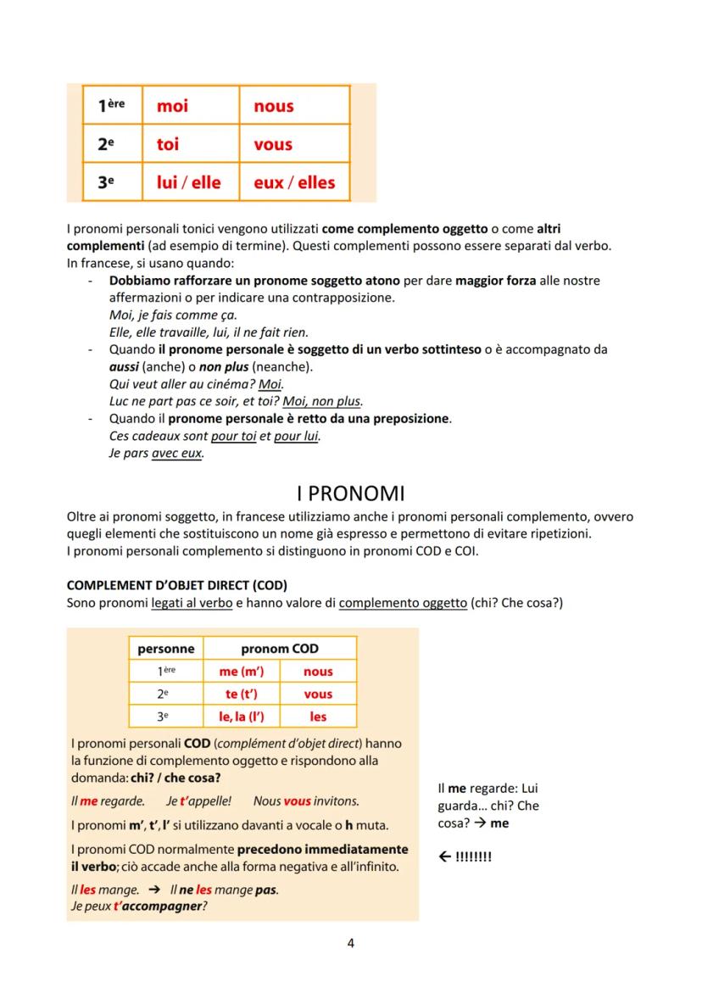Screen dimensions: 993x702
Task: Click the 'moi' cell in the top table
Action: (x=172, y=106)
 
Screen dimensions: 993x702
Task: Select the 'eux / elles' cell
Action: (x=294, y=182)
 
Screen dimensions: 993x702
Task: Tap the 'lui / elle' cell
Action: (x=189, y=182)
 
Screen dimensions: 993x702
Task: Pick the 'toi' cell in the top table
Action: (x=168, y=144)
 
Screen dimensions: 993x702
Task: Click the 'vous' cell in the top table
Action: (x=273, y=144)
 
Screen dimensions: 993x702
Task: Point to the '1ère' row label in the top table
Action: (x=111, y=106)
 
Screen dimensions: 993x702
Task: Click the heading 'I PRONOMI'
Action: (x=350, y=493)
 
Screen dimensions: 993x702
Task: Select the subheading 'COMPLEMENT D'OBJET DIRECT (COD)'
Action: (x=176, y=587)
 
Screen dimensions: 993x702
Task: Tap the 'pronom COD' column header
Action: (x=280, y=649)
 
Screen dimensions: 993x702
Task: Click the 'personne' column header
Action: (x=166, y=649)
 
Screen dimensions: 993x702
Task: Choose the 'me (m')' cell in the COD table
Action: (x=242, y=672)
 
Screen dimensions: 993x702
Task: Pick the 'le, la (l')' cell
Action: (x=242, y=717)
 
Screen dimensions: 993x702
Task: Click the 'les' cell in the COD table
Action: (x=318, y=717)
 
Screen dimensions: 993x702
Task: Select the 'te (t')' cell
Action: (x=242, y=694)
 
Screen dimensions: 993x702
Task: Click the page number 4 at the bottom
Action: (x=351, y=943)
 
